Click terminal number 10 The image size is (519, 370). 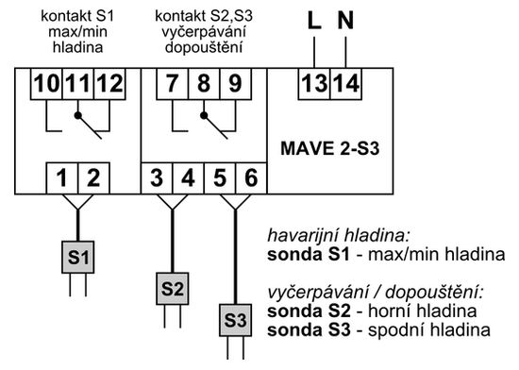click(45, 84)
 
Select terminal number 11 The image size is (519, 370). click(77, 84)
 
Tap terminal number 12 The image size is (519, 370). click(109, 84)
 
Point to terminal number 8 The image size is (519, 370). click(202, 84)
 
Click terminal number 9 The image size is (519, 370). click(233, 84)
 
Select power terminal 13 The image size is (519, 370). click(314, 84)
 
